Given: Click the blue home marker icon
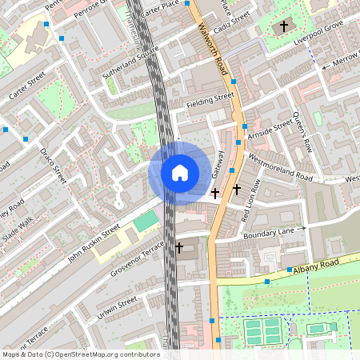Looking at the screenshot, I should coord(179,172).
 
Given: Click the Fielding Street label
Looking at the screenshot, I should coord(210,100).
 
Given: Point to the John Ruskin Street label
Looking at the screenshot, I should coord(94,239).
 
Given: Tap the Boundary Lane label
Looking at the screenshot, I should coord(269,232).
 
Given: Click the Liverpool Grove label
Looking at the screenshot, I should coord(318,38).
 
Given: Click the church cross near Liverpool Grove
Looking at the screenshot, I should coord(284,26).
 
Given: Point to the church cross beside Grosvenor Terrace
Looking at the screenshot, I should coord(179,248).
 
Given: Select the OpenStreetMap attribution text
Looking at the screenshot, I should coord(81,354).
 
